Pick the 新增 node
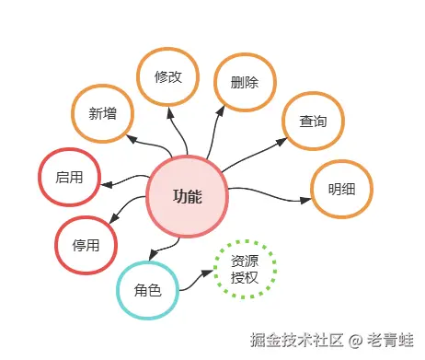click(x=103, y=114)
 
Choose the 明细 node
click(x=342, y=190)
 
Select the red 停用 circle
click(x=86, y=245)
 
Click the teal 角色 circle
click(x=147, y=290)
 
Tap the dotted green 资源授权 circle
click(x=245, y=269)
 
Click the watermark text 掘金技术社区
click(x=296, y=340)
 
